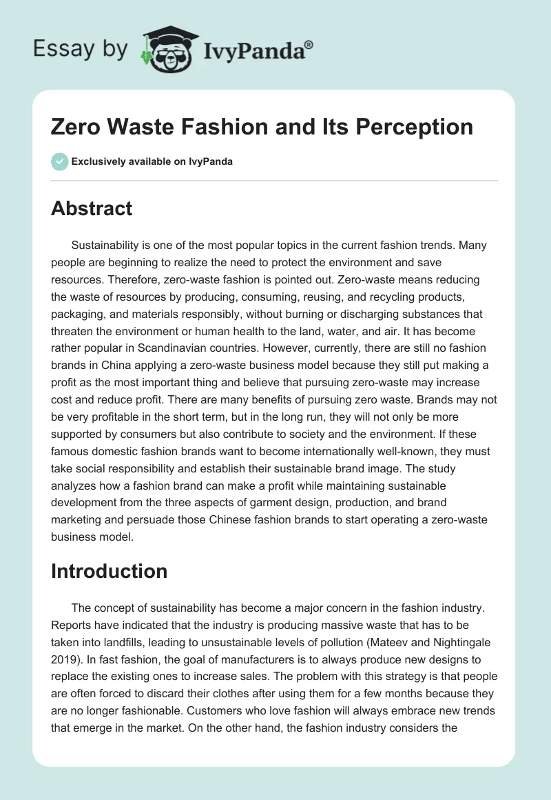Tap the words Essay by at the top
tap(81, 49)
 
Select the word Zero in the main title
tap(77, 127)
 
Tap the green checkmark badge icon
tap(59, 162)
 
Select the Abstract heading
tap(92, 208)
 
